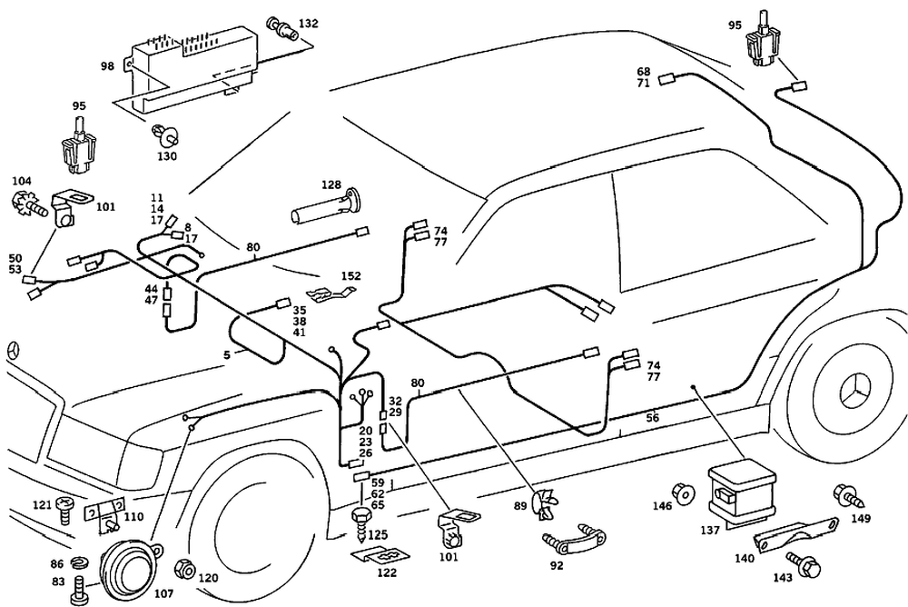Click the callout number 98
108,66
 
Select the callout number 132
309,22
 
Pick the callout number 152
350,276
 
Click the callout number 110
133,516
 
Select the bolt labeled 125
360,521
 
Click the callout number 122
387,573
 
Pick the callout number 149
861,519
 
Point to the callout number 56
652,417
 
